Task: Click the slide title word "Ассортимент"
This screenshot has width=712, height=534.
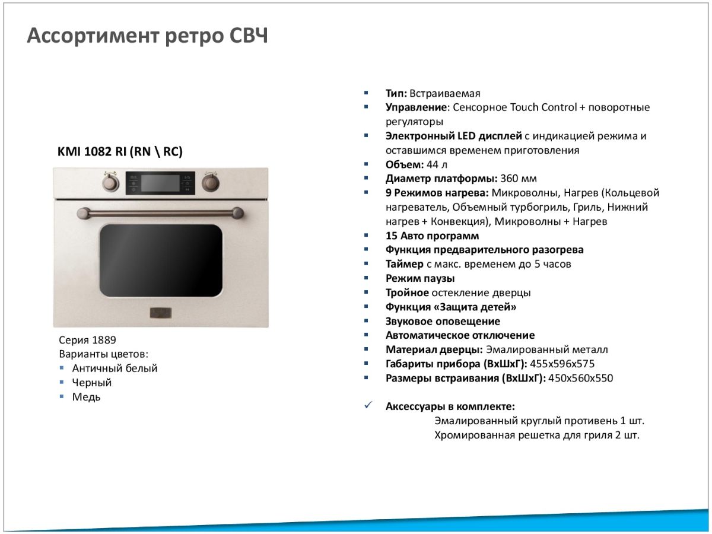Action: [x=93, y=36]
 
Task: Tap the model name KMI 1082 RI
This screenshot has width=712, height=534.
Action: [x=92, y=151]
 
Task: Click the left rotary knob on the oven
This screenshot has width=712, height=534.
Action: [x=111, y=182]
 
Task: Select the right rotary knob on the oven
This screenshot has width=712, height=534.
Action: [x=211, y=182]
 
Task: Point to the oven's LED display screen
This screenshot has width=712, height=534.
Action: [x=160, y=183]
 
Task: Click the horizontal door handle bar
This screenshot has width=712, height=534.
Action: [x=160, y=213]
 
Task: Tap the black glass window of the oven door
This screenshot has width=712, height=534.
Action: [x=161, y=260]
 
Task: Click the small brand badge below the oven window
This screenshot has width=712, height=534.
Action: [x=161, y=313]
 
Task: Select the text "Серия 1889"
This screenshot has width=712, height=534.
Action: [x=87, y=340]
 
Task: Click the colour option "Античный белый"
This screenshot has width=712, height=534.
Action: [x=115, y=368]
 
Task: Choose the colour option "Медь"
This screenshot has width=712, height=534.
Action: [x=86, y=397]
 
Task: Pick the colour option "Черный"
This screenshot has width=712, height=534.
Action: [x=92, y=383]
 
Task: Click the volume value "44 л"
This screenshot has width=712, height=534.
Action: [x=437, y=165]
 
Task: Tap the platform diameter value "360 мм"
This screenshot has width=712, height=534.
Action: [x=519, y=179]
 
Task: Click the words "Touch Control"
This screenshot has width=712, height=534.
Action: [x=543, y=107]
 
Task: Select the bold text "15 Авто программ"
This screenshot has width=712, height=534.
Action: [x=432, y=236]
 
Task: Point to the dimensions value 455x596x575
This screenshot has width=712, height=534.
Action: [x=562, y=364]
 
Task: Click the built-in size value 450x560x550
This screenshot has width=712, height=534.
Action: [x=581, y=379]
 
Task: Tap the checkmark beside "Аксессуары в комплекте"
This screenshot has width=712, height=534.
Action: [x=368, y=405]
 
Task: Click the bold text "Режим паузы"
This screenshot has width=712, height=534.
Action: [x=420, y=278]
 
